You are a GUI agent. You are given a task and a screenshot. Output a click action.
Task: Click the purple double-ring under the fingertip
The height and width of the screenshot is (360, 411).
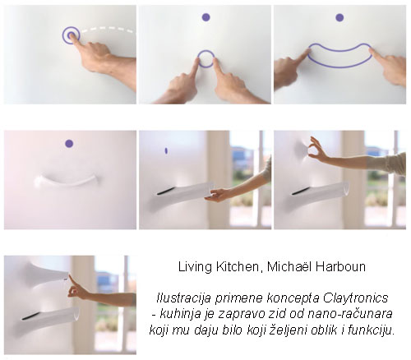(71, 35)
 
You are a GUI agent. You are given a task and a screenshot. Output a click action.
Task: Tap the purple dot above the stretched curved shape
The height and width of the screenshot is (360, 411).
(339, 18)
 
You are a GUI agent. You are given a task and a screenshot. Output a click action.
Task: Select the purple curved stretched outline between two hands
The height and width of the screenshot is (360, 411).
(339, 66)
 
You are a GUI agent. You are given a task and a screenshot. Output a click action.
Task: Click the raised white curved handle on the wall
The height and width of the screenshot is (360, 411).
(67, 182)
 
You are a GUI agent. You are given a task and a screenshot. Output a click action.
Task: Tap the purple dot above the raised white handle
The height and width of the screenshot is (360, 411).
(69, 144)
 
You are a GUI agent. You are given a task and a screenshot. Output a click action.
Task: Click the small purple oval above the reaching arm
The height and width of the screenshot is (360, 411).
(166, 150)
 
